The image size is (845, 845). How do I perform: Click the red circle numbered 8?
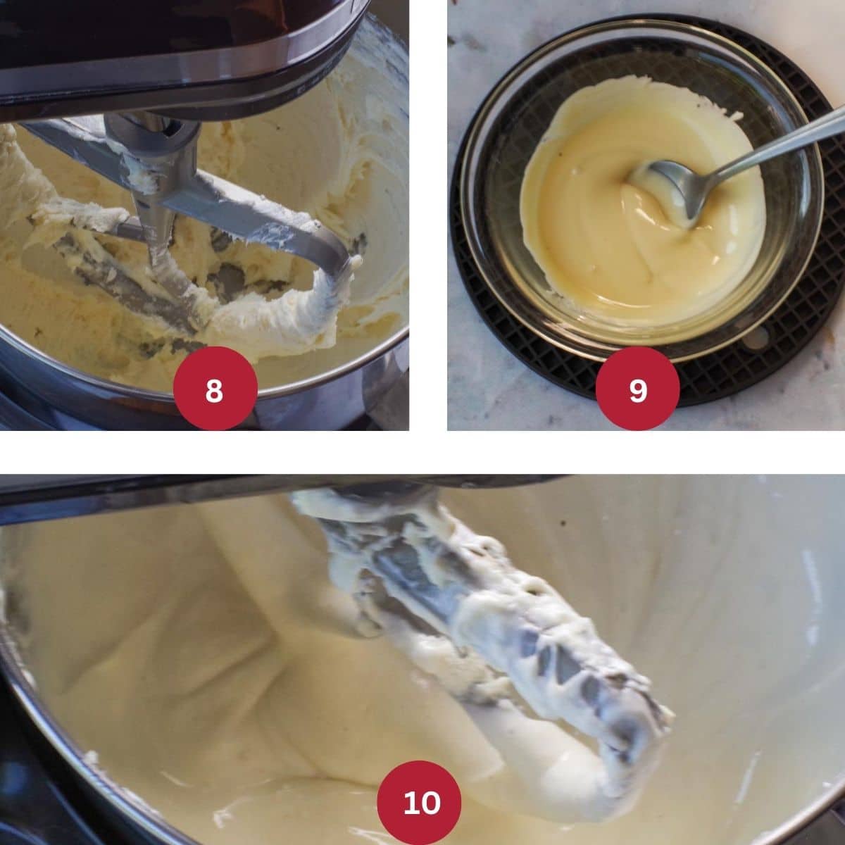pyautogui.click(x=215, y=388)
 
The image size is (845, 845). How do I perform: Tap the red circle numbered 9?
pyautogui.click(x=638, y=388)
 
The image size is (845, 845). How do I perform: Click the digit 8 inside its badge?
pyautogui.click(x=214, y=390)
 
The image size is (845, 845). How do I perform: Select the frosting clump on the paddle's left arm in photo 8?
pyautogui.click(x=65, y=219)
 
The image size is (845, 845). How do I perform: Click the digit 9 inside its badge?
pyautogui.click(x=638, y=390)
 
